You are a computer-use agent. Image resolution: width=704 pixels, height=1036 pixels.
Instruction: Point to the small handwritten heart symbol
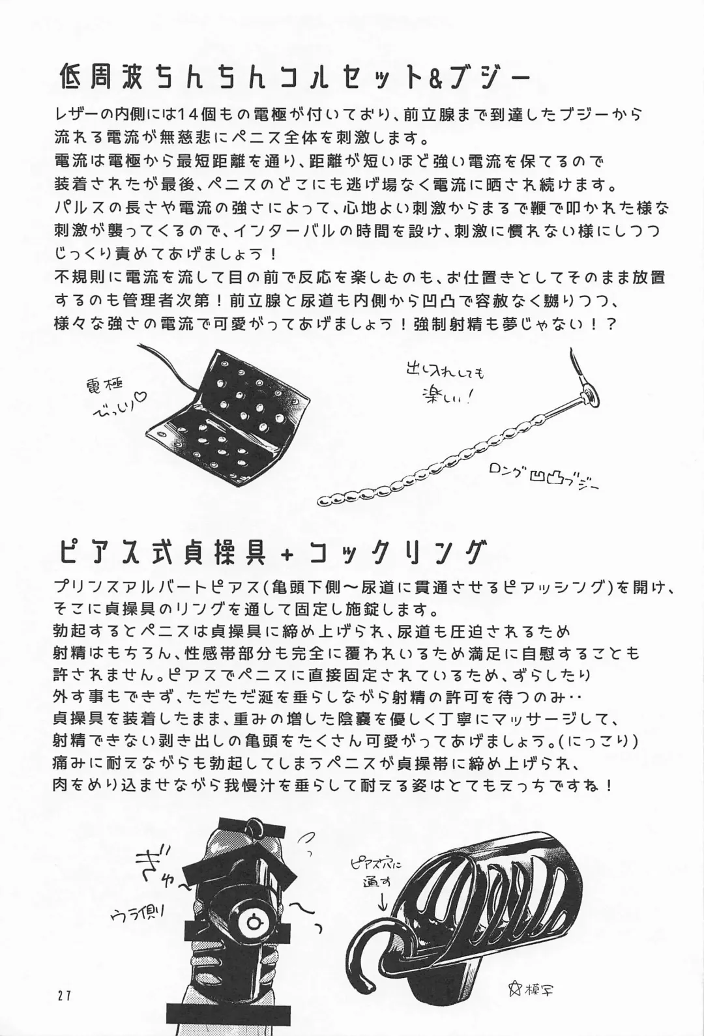[142, 410]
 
